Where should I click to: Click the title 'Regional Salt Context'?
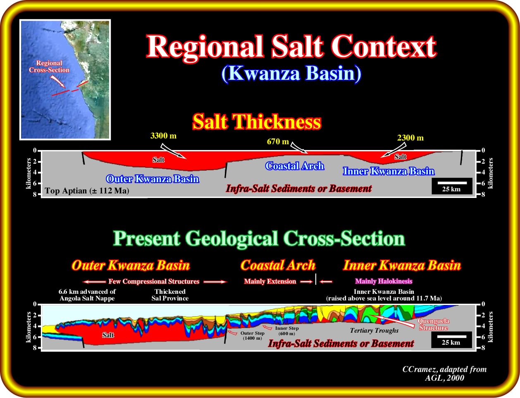pyautogui.click(x=292, y=47)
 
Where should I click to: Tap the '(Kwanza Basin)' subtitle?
pyautogui.click(x=291, y=74)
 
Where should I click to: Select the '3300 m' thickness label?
pyautogui.click(x=163, y=136)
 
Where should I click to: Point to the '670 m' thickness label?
pyautogui.click(x=278, y=142)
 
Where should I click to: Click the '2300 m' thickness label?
pyautogui.click(x=410, y=138)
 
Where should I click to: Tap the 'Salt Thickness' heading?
pyautogui.click(x=257, y=122)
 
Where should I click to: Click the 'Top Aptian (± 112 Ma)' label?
pyautogui.click(x=87, y=191)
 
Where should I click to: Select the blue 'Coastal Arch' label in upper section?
pyautogui.click(x=295, y=166)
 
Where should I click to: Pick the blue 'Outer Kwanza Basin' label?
pyautogui.click(x=153, y=179)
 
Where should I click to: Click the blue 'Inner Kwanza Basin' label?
pyautogui.click(x=389, y=171)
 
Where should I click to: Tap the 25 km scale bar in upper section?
pyautogui.click(x=452, y=183)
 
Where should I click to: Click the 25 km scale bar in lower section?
pyautogui.click(x=451, y=336)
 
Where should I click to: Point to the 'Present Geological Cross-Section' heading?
pyautogui.click(x=259, y=239)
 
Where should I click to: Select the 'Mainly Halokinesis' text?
pyautogui.click(x=384, y=281)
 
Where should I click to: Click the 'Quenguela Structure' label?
pyautogui.click(x=433, y=324)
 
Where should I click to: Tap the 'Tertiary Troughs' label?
pyautogui.click(x=374, y=330)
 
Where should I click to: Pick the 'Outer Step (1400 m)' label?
pyautogui.click(x=253, y=336)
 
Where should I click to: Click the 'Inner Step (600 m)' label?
pyautogui.click(x=287, y=331)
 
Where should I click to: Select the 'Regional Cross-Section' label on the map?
pyautogui.click(x=49, y=67)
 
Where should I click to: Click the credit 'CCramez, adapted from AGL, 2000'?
pyautogui.click(x=444, y=373)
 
